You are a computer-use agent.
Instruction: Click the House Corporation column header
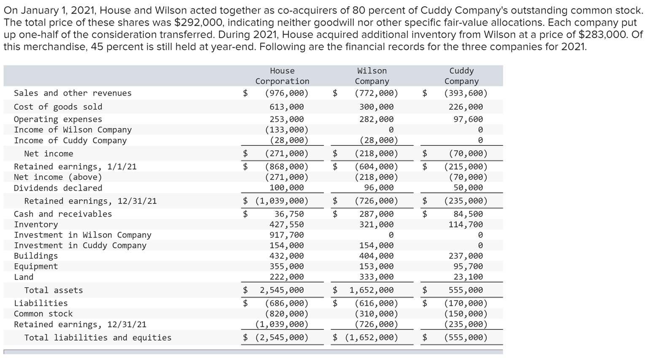click(282, 76)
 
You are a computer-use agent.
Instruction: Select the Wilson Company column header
click(372, 76)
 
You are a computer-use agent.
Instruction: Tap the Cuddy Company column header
click(461, 76)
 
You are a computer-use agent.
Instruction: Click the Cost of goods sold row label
click(58, 107)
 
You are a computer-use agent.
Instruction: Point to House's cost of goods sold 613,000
click(287, 107)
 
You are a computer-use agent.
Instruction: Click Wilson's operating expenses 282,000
click(376, 119)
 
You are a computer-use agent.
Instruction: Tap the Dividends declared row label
click(58, 188)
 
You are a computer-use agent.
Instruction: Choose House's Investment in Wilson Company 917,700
click(287, 235)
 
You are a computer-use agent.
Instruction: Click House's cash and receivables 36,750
click(289, 214)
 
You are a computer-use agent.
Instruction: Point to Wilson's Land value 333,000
click(376, 277)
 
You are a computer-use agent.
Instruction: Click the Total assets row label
click(54, 290)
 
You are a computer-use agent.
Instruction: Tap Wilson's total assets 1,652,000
click(371, 290)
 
